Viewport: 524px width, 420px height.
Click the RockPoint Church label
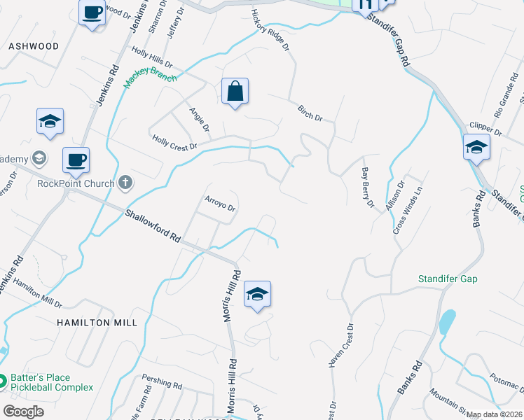click(76, 184)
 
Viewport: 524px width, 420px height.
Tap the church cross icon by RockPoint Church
click(125, 183)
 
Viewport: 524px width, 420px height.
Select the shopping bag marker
click(235, 92)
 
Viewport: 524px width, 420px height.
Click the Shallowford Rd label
click(153, 225)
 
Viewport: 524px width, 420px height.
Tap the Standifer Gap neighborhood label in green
click(448, 279)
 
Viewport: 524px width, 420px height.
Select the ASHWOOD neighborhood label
click(34, 46)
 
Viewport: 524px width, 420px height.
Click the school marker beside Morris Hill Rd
click(257, 294)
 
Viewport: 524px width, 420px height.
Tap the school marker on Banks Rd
click(476, 148)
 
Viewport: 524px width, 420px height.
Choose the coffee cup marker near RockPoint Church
click(76, 160)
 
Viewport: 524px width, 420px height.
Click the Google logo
click(23, 412)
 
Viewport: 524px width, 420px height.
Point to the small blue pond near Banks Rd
click(446, 322)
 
